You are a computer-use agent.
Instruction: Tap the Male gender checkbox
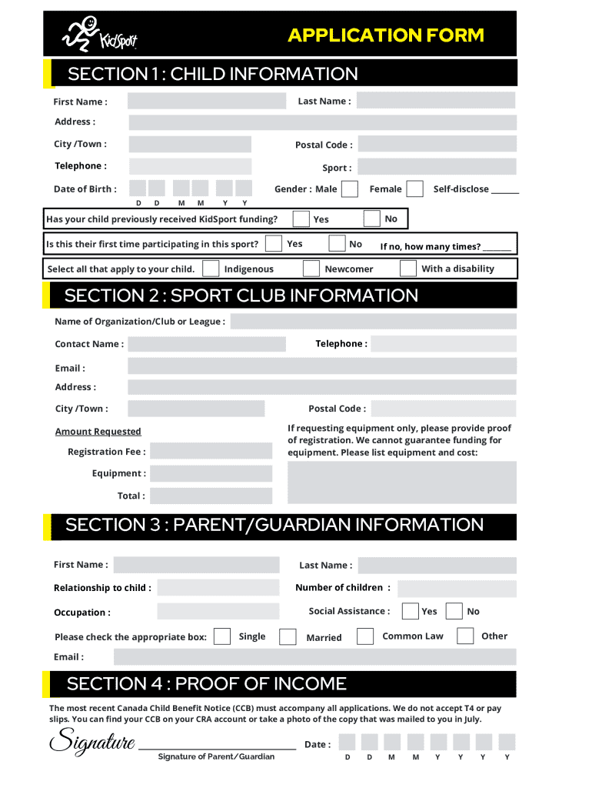(x=349, y=189)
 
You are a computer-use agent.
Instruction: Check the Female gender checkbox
(x=414, y=189)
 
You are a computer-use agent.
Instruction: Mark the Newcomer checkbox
(x=311, y=269)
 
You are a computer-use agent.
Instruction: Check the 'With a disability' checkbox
(x=408, y=269)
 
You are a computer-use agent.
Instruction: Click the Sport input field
(x=436, y=167)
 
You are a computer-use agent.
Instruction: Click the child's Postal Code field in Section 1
(x=437, y=145)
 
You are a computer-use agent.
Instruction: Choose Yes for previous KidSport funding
(x=301, y=219)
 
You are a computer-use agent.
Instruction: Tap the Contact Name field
(x=206, y=344)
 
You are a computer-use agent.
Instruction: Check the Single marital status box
(x=222, y=636)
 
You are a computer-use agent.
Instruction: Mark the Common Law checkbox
(x=366, y=636)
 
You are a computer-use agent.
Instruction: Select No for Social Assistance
(x=454, y=611)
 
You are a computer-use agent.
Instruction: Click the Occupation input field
(x=218, y=612)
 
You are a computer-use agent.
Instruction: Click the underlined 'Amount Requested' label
(x=98, y=432)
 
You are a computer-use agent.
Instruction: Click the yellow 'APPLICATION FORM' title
(x=386, y=35)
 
